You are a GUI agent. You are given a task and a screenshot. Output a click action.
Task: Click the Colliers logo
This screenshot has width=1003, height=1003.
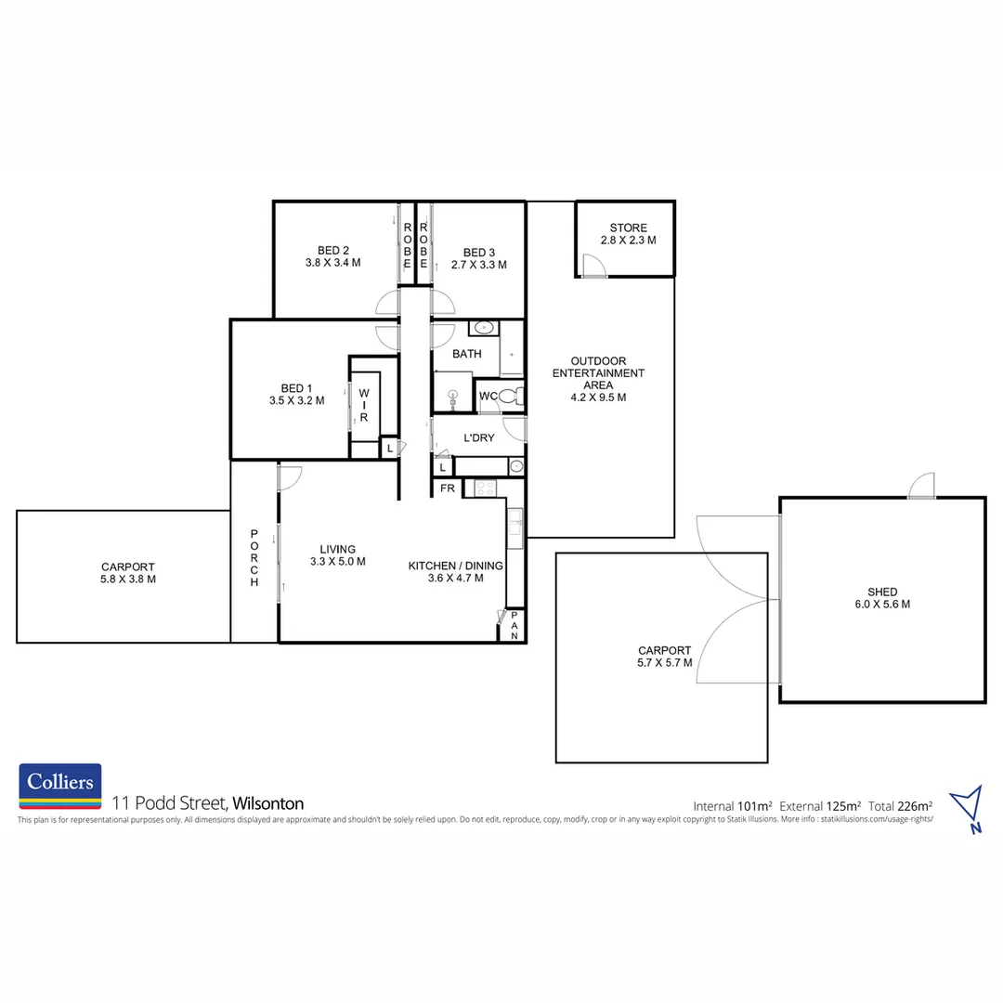(x=60, y=787)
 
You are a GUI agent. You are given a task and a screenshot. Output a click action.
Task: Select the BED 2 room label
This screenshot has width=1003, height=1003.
(x=332, y=256)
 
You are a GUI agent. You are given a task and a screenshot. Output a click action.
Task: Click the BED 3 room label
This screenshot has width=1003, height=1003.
(x=478, y=258)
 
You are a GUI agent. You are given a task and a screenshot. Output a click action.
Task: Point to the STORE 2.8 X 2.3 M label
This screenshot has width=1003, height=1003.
(x=628, y=234)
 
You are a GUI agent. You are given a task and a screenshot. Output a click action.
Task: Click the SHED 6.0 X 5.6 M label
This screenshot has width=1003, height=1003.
(x=882, y=597)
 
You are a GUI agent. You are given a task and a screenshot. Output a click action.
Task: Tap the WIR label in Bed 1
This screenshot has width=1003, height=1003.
(x=364, y=406)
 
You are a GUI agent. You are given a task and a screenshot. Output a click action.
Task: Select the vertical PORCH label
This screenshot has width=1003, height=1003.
(x=254, y=557)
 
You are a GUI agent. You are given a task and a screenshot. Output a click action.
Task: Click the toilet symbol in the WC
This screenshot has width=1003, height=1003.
(x=514, y=397)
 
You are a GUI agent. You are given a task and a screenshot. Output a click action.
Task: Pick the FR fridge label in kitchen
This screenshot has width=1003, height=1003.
(x=447, y=488)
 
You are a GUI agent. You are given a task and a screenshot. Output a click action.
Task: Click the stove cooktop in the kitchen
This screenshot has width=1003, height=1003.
(x=486, y=488)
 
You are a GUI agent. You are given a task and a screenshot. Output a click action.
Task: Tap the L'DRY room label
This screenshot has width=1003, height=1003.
(x=478, y=437)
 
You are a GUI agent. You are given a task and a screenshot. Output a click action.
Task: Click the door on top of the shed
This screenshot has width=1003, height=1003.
(x=921, y=486)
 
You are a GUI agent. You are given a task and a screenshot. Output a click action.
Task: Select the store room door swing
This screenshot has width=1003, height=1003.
(x=593, y=267)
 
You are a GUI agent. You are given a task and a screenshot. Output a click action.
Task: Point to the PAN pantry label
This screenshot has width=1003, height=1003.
(x=514, y=625)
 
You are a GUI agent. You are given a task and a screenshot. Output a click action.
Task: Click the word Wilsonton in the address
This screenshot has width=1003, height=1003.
(x=268, y=803)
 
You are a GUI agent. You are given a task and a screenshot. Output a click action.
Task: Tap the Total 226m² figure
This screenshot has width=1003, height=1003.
(x=901, y=805)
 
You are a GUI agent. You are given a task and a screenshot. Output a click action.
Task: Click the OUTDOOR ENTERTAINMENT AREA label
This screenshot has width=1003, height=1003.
(x=598, y=379)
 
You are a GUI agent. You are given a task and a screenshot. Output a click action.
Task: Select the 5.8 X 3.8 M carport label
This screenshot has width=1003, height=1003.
(x=128, y=573)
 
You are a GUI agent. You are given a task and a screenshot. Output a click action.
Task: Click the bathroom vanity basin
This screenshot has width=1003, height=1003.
(x=483, y=328)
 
